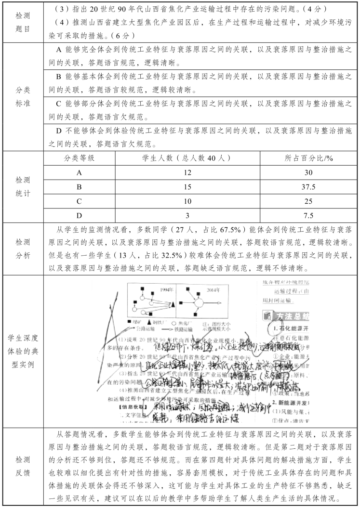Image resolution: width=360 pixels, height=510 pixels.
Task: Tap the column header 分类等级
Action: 79,158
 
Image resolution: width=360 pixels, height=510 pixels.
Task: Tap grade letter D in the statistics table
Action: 79,215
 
